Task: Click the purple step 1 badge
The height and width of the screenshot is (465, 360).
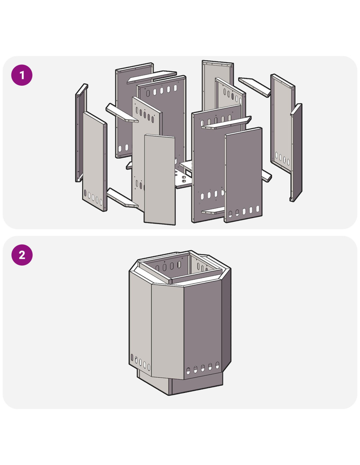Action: pos(22,75)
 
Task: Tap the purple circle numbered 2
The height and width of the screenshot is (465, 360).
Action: pos(22,255)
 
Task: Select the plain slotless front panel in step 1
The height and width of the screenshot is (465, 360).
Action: pos(160,180)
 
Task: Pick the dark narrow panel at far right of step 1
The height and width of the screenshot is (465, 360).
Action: pos(297,152)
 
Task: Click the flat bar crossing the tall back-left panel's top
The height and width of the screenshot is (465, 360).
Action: pos(152,77)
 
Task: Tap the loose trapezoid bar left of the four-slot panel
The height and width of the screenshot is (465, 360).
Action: pos(254,87)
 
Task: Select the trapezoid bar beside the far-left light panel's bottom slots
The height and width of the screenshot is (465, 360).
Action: pos(122,198)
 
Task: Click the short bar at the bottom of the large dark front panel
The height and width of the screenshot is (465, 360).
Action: pos(213,211)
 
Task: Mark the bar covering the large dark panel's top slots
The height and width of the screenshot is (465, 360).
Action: pos(226,123)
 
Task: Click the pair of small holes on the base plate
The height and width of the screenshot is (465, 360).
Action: pos(184,179)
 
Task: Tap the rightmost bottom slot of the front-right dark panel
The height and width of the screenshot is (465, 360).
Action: pos(258,209)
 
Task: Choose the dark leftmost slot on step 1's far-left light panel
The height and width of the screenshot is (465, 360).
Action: pos(85,193)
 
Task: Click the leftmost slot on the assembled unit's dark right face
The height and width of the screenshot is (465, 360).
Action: pos(188,371)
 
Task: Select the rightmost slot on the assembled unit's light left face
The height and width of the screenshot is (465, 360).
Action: pos(149,367)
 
